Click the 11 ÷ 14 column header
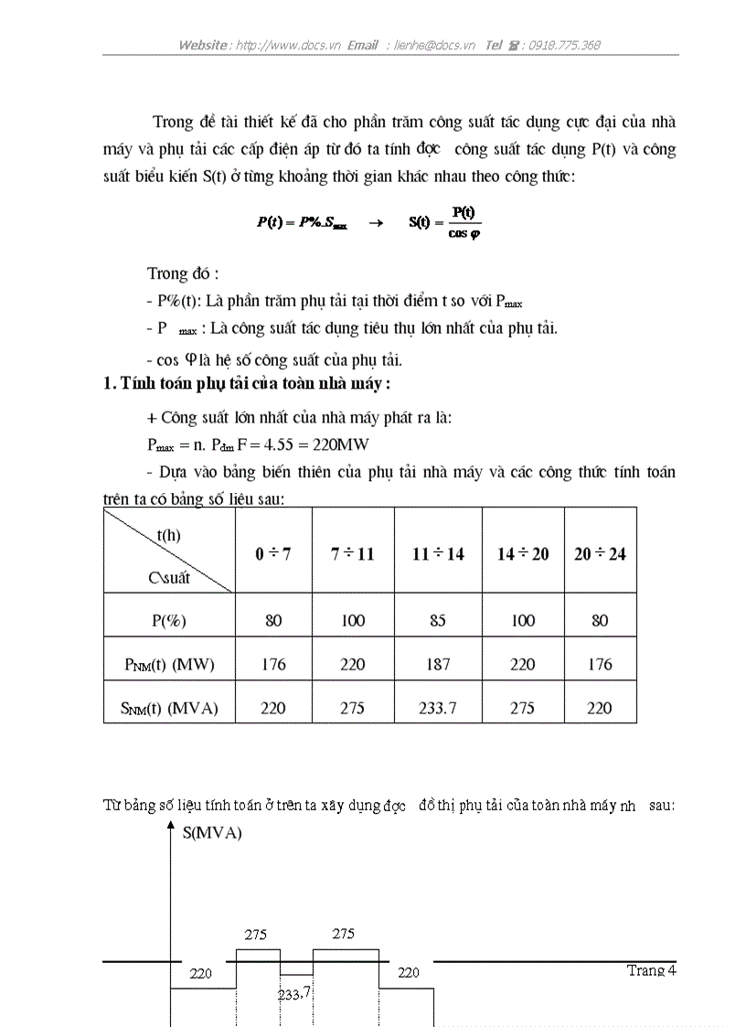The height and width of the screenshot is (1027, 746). tap(438, 554)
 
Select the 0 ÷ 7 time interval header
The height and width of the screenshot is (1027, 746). tap(273, 554)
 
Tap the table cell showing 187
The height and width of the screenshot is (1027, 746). tap(438, 665)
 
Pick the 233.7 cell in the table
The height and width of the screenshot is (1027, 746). tap(438, 708)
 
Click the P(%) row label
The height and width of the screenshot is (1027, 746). tap(169, 621)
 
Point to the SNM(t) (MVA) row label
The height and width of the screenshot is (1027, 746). tap(171, 708)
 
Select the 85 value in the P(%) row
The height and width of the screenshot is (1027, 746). tap(438, 621)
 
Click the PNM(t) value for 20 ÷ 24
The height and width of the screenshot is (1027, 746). tap(600, 665)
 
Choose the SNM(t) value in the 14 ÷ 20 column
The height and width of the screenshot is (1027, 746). tap(522, 708)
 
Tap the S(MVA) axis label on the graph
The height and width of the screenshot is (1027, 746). tap(212, 833)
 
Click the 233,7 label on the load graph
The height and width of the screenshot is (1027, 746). tap(293, 992)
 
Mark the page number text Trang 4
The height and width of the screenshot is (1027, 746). tap(651, 970)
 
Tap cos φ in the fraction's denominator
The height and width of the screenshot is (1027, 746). tap(464, 233)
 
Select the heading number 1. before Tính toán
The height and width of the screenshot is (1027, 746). tap(110, 384)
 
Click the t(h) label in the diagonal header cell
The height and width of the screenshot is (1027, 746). tap(169, 536)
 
